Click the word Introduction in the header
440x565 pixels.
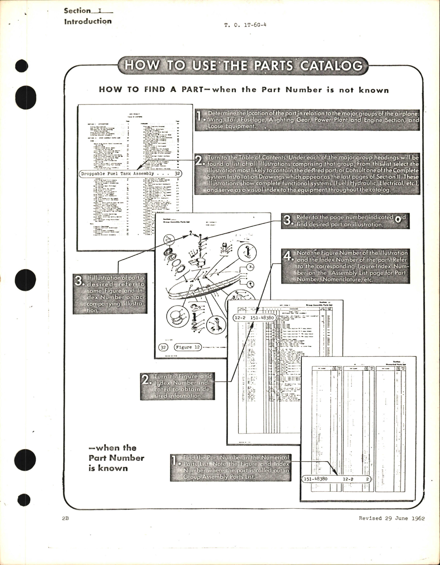tap(88, 21)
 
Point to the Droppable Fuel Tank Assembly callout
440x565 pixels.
tap(131, 174)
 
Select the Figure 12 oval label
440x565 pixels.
tap(188, 347)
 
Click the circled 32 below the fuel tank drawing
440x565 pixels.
tap(163, 347)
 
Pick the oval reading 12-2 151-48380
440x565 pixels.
tap(254, 318)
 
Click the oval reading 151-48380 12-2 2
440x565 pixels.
tap(337, 479)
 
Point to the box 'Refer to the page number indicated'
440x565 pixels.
tap(345, 221)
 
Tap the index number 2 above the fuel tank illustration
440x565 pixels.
tap(190, 233)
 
